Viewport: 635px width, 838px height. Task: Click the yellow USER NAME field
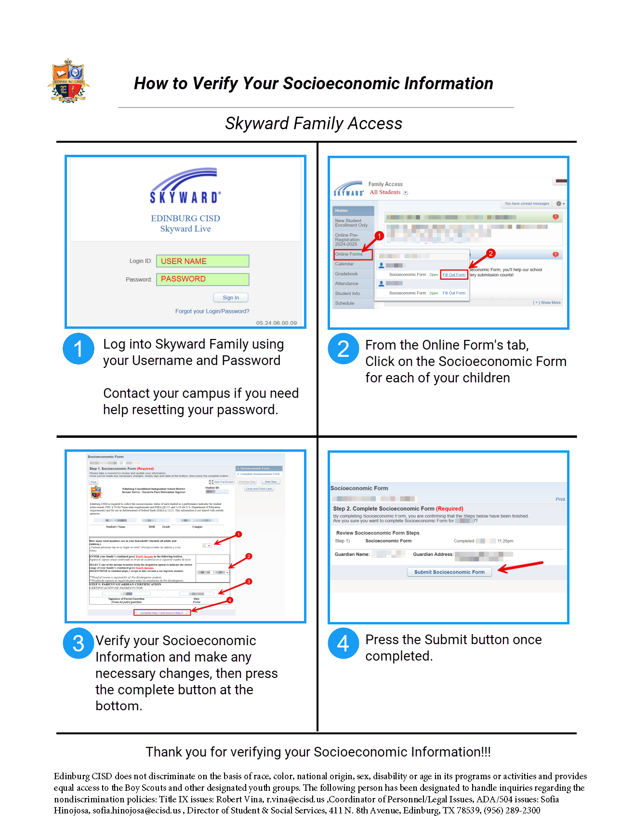202,261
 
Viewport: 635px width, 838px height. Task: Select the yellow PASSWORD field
202,279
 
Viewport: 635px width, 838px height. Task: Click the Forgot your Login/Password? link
212,311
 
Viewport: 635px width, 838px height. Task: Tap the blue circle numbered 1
79,349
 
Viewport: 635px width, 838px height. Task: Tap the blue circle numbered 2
343,349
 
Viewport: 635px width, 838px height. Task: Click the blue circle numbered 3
79,643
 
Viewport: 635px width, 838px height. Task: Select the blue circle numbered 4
343,643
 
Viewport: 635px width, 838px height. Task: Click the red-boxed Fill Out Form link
454,275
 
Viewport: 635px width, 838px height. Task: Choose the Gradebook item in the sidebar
346,274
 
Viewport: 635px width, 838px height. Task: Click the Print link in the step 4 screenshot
560,500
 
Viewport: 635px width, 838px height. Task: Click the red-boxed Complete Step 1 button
162,613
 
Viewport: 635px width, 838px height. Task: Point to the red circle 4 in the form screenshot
230,600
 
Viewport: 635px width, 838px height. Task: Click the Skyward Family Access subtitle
314,123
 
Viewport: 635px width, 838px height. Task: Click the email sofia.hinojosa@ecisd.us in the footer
137,811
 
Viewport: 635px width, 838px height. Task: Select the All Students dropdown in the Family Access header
388,192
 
